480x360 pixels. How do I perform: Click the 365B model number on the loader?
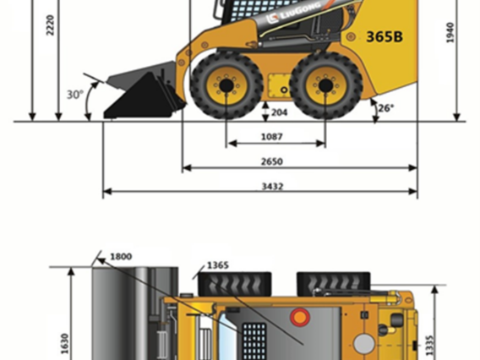coord(385,36)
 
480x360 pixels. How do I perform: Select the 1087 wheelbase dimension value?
coord(272,137)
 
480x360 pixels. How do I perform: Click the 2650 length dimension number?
coord(272,161)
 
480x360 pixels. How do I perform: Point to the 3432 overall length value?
coord(272,186)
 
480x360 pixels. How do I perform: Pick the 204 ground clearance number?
coord(279,112)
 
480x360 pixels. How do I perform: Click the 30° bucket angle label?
coord(75,95)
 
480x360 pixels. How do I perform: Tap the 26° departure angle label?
coord(386,108)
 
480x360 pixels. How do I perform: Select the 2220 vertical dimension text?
coord(50,25)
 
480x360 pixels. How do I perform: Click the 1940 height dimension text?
coord(450,33)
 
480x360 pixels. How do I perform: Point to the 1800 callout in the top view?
coord(121,257)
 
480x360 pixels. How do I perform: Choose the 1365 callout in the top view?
coord(218,265)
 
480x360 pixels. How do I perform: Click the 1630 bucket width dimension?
coord(64,343)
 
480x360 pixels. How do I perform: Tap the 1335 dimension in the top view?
coord(430,346)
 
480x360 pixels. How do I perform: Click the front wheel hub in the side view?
coord(226,85)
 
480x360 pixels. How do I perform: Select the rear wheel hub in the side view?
coord(325,85)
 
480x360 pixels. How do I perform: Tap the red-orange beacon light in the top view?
coord(300,317)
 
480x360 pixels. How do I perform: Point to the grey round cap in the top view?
coord(364,343)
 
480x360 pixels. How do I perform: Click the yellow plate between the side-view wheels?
coord(279,85)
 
